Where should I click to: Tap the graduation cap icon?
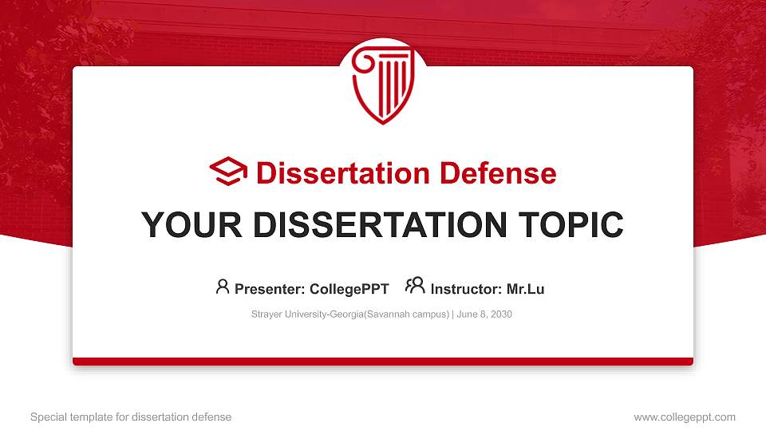coord(228,172)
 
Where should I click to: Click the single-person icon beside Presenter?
coord(223,287)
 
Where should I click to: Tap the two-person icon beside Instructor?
coord(415,286)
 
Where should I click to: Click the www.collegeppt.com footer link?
coord(685,417)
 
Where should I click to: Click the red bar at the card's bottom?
coord(383,362)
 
